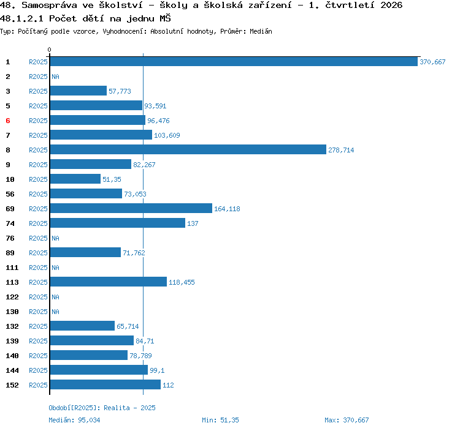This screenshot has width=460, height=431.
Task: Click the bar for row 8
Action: click(x=188, y=149)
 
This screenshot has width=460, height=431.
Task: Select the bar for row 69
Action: click(x=131, y=209)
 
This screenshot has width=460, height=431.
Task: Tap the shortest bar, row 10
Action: click(x=75, y=179)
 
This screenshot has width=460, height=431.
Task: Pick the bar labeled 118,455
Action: click(x=109, y=282)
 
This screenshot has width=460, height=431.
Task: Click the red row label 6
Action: click(x=8, y=121)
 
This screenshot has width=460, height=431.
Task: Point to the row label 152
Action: click(x=12, y=385)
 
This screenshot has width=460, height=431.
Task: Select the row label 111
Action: click(x=12, y=268)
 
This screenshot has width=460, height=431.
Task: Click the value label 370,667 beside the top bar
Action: click(x=432, y=62)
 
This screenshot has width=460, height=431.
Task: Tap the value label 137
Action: click(x=193, y=223)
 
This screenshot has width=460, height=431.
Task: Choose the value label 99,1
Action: click(x=157, y=370)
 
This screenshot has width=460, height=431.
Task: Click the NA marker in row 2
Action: click(x=55, y=77)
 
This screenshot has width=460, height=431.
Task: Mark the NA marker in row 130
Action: click(x=55, y=312)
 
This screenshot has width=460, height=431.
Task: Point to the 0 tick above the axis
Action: click(x=49, y=50)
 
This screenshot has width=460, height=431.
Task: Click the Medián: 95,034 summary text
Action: click(x=74, y=420)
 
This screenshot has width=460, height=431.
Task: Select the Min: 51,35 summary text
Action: click(x=220, y=420)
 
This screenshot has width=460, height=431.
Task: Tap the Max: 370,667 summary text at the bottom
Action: click(x=347, y=420)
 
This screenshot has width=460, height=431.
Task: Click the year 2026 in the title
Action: click(x=391, y=5)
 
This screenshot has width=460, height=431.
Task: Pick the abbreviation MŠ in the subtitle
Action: click(x=165, y=18)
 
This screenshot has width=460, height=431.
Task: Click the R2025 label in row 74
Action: click(x=38, y=223)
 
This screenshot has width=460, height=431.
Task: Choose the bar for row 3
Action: click(x=79, y=91)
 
